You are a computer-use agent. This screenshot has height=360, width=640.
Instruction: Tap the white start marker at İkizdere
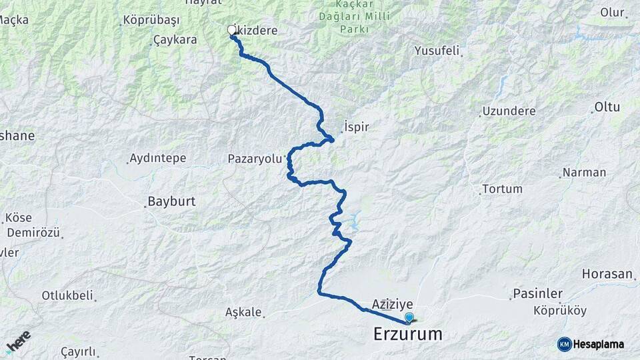232,30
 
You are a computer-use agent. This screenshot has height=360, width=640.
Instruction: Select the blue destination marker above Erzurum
409,319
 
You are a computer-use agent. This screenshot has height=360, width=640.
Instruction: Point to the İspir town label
357,127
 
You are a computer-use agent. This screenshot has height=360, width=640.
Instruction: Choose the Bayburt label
169,201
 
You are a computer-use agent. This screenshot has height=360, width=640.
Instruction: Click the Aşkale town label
244,312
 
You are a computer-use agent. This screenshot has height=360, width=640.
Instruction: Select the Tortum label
501,189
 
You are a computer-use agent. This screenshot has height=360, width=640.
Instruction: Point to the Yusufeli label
439,51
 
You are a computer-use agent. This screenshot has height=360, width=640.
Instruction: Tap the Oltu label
607,107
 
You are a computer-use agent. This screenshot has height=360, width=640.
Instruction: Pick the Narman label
584,173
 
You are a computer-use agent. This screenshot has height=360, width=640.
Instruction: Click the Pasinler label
538,293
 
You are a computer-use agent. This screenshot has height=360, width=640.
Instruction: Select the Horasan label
607,274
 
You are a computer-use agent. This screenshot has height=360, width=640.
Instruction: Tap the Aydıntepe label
159,159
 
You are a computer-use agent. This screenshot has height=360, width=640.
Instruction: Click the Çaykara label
175,40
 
